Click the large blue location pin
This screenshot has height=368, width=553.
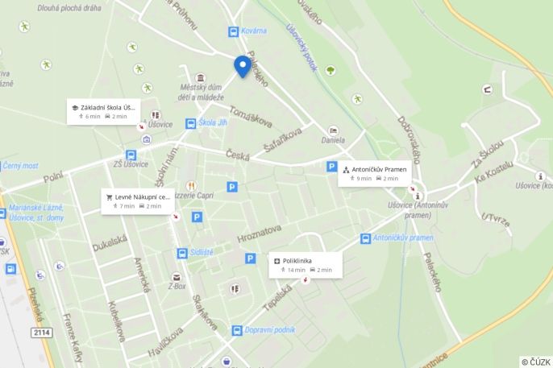[x=242, y=65]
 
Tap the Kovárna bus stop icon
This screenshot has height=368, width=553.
[x=233, y=31]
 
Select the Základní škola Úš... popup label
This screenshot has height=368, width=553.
[x=102, y=111]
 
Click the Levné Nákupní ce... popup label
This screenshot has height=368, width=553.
[x=137, y=201]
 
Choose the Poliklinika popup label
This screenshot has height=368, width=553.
[x=305, y=265]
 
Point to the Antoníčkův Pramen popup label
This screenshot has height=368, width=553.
[x=375, y=174]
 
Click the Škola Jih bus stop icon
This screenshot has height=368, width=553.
[x=191, y=123]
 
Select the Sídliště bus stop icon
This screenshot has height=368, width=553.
[x=183, y=253]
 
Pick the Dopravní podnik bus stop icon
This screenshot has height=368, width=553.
[x=236, y=330]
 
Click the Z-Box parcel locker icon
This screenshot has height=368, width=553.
[x=177, y=277]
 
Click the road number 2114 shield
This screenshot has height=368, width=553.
[x=42, y=332]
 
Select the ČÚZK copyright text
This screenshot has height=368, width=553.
[x=535, y=362]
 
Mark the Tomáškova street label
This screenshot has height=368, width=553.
[x=250, y=118]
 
